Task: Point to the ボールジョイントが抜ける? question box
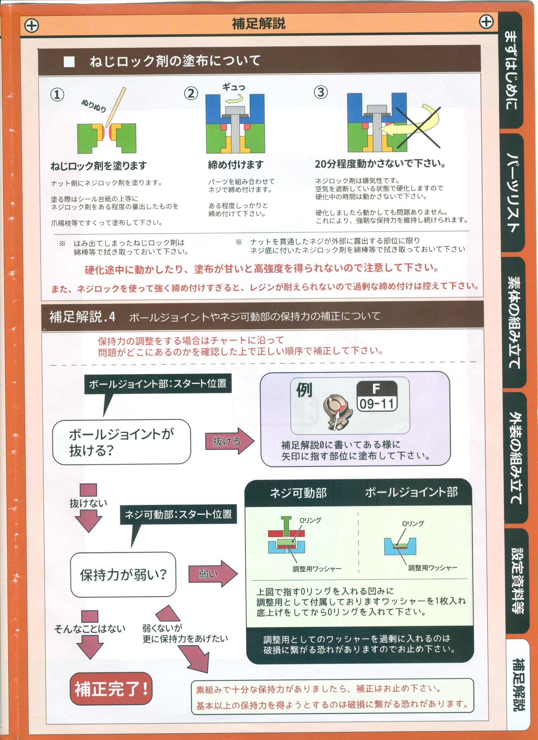click(122, 442)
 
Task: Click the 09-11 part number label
click(377, 404)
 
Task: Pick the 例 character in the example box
click(304, 390)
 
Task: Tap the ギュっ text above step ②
click(234, 87)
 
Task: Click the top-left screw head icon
click(32, 25)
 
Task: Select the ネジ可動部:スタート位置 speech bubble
click(178, 515)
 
